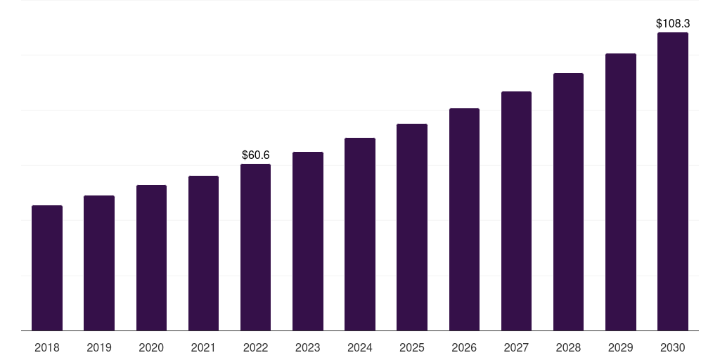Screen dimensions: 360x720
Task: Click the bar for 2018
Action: tap(47, 268)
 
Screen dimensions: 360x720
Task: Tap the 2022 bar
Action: tap(255, 247)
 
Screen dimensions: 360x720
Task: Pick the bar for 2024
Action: tap(360, 234)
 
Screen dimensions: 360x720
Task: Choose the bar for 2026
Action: tap(464, 219)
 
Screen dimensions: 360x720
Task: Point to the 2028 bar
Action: tap(568, 202)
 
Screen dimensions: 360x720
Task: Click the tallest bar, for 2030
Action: tap(672, 181)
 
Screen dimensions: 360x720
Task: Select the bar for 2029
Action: tap(620, 192)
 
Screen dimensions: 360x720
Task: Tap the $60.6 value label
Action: tap(255, 155)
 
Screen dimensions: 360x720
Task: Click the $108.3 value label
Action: tap(672, 24)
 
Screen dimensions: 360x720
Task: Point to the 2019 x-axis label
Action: tap(99, 347)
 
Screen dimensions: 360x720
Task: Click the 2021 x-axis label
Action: tap(203, 347)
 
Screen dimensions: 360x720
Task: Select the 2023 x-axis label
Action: tap(307, 347)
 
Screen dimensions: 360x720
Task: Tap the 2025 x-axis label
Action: tap(412, 347)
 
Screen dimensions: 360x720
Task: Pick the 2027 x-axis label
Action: tap(516, 347)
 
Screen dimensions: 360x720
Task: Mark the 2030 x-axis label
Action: tap(672, 347)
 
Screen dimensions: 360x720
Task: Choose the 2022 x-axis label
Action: tap(255, 347)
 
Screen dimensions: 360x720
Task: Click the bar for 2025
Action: tap(412, 227)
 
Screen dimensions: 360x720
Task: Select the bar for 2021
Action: tap(203, 253)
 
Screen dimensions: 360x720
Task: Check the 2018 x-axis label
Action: tap(47, 347)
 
